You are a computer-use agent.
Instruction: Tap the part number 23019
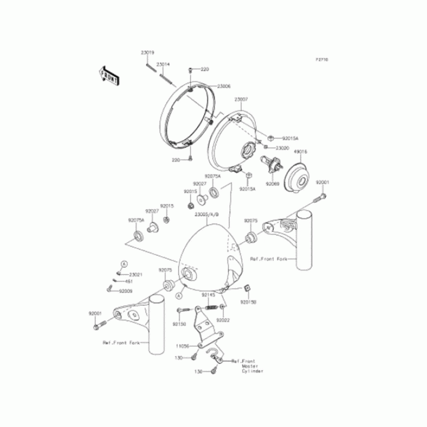pyautogui.click(x=148, y=52)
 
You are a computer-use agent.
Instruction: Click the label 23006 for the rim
pyautogui.click(x=224, y=86)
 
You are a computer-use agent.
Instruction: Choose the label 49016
pyautogui.click(x=301, y=151)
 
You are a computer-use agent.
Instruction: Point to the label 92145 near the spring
pyautogui.click(x=208, y=295)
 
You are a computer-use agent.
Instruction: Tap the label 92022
pyautogui.click(x=223, y=320)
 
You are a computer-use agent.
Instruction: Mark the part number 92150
pyautogui.click(x=179, y=323)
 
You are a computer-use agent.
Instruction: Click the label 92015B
pyautogui.click(x=248, y=302)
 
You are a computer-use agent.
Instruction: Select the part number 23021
pyautogui.click(x=136, y=274)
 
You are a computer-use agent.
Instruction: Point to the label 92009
pyautogui.click(x=125, y=291)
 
